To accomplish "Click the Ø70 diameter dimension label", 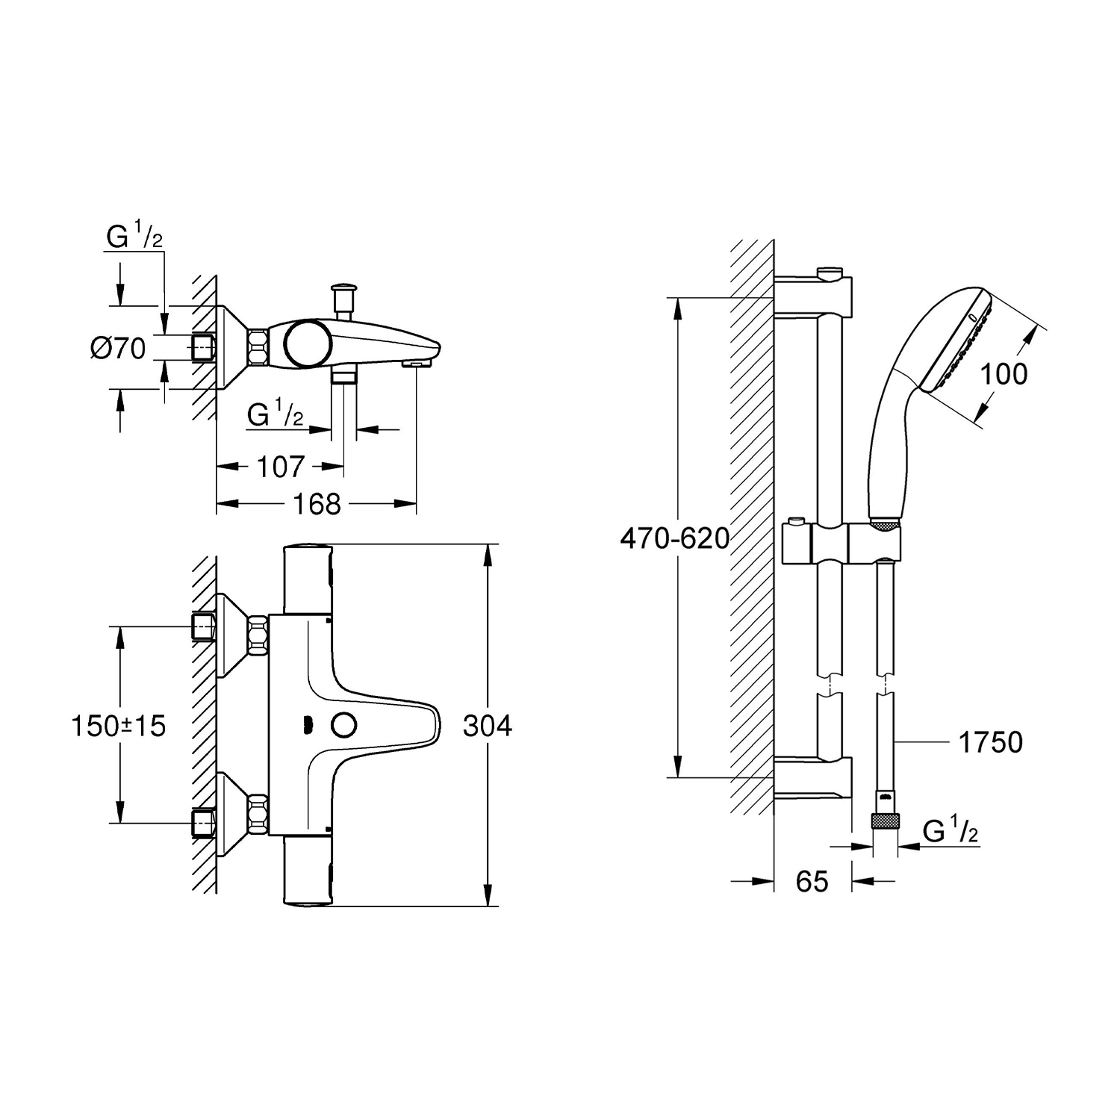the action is point(118,348).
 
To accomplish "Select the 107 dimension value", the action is point(281,467).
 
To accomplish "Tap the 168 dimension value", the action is point(317,504).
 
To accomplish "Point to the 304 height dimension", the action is point(488,725).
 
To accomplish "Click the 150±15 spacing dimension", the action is point(118,725).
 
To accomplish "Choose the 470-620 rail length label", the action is point(675,538).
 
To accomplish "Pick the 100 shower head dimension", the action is point(1004,373).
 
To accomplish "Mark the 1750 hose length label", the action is point(990,742).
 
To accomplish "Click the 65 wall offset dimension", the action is point(812,882).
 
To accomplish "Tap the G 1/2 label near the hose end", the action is point(951,831).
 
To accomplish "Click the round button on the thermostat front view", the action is point(344,725).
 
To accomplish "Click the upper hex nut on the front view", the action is point(258,635).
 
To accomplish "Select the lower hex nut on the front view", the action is point(258,814).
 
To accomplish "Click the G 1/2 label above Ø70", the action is point(134,237).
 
